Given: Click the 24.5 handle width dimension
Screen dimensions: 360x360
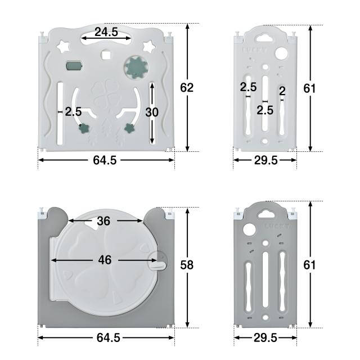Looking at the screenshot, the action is (106, 31).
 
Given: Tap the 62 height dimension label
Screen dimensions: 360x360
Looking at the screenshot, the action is (187, 88).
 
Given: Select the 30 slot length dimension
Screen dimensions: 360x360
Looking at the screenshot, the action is (152, 112).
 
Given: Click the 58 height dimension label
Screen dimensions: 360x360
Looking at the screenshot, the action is (187, 265).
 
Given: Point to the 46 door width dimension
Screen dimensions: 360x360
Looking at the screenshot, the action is (105, 260).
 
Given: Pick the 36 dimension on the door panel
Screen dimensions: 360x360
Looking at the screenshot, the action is (103, 221).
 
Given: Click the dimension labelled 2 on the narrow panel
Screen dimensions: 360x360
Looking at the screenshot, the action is (282, 91).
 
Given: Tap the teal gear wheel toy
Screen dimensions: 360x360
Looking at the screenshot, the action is (137, 67).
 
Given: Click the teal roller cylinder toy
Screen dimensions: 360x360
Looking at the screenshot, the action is (74, 66).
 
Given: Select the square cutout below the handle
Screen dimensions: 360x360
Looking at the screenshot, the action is (106, 55).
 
